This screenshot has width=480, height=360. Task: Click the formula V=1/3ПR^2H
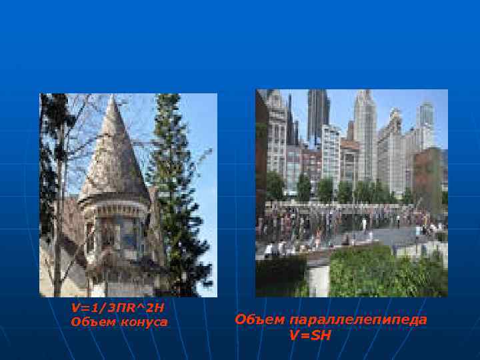tap(117, 307)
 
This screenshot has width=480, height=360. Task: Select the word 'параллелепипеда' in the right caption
tap(357, 320)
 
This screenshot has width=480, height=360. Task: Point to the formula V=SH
tap(310, 335)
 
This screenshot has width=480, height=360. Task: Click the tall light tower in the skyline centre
tap(365, 133)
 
